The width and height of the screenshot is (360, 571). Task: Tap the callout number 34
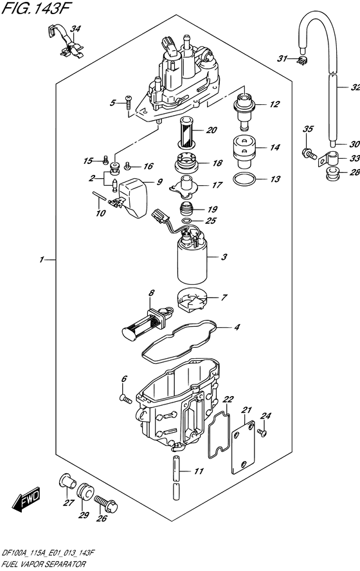click(x=76, y=29)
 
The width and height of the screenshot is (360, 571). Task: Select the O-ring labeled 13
click(x=246, y=179)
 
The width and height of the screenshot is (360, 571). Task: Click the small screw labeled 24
click(x=262, y=432)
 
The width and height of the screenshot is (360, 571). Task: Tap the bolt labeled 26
click(x=105, y=502)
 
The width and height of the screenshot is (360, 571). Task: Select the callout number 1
click(x=42, y=260)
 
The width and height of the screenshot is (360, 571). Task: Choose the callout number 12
click(x=275, y=105)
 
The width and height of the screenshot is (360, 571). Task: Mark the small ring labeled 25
click(x=186, y=221)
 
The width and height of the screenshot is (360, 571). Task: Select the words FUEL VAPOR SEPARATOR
click(x=43, y=565)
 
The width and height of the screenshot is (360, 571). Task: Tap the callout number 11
click(x=199, y=471)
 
